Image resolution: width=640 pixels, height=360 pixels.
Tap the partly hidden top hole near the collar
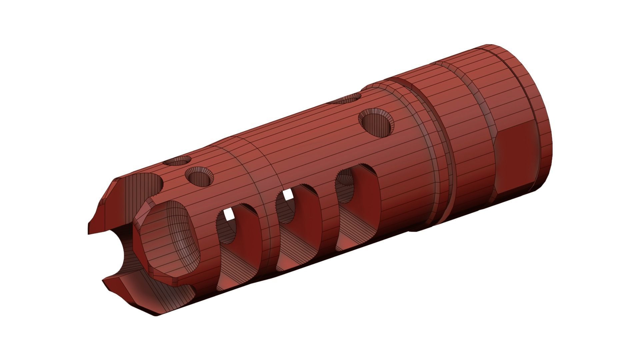[x=347, y=99]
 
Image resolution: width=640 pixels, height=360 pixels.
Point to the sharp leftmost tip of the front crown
[x=89, y=232]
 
